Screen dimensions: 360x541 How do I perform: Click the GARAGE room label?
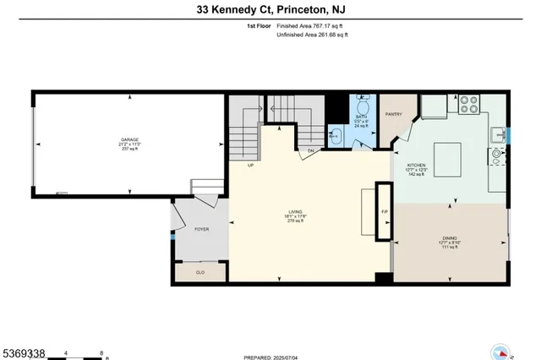point(129,139)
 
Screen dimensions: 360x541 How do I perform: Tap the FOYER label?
point(201,229)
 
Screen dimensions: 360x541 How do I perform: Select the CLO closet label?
point(200,273)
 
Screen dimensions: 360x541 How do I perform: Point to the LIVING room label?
point(295,211)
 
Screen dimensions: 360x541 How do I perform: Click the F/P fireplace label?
point(384,211)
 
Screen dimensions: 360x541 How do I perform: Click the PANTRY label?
point(393,114)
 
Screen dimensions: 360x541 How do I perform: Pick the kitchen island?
point(450,157)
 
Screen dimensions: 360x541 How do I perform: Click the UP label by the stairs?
point(251,166)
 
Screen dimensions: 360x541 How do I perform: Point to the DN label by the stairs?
point(311,151)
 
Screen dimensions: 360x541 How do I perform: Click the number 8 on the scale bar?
point(102,353)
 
